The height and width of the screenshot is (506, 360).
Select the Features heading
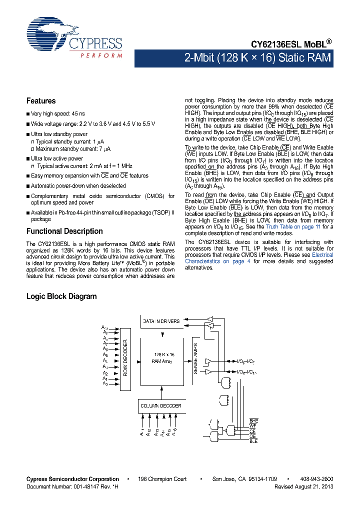[x=41, y=100]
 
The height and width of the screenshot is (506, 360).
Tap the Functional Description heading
[x=64, y=231]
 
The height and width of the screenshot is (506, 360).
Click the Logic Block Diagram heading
[x=61, y=296]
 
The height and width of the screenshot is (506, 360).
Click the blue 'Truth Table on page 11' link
[x=293, y=226]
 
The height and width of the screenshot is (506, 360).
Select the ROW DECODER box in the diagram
[x=125, y=357]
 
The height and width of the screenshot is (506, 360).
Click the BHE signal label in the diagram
[x=253, y=421]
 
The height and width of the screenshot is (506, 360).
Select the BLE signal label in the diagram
[x=253, y=441]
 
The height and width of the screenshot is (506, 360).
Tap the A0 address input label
[x=105, y=383]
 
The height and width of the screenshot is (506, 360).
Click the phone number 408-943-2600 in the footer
[x=316, y=479]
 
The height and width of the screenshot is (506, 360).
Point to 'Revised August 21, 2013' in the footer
[x=303, y=486]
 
